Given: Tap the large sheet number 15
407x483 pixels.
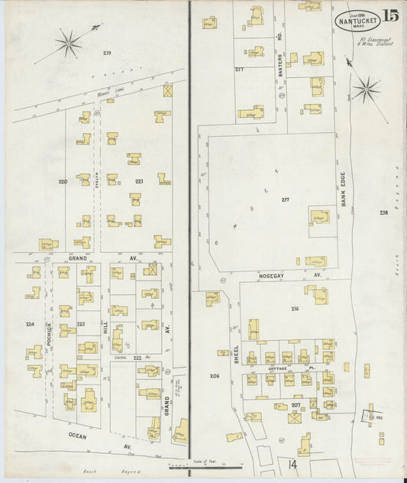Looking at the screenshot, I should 390,15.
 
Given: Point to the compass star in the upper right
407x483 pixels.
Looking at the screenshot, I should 366,89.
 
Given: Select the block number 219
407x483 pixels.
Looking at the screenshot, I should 107,52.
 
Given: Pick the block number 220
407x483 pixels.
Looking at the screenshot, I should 63,181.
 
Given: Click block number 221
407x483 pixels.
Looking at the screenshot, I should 140,181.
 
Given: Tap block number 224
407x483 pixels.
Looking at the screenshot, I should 30,324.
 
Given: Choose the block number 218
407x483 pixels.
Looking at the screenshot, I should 383,212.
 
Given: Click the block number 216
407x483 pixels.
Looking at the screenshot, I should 295,308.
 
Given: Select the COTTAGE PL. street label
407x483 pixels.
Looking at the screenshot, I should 283,368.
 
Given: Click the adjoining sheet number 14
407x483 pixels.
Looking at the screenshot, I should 292,463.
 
